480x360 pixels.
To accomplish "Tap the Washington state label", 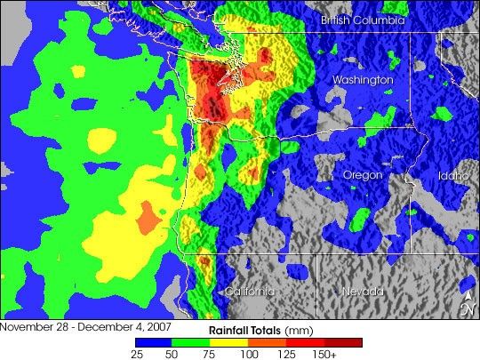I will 362,80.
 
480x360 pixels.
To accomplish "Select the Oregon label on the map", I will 363,175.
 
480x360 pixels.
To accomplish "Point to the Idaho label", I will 452,175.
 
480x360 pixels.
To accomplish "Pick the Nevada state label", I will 363,292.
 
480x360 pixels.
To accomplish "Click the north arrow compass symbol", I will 468,303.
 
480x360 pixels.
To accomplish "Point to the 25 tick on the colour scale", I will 135,354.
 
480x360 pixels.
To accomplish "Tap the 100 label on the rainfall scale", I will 249,354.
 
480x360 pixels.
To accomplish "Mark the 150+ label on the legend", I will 327,354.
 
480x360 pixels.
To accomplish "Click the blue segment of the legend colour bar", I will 154,341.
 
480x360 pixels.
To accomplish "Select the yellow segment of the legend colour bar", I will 230,341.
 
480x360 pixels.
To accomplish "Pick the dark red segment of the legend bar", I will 344,341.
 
